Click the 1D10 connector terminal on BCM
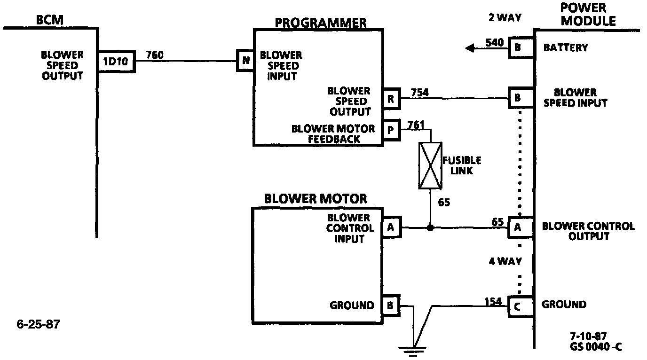click(x=116, y=62)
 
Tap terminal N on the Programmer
click(x=245, y=61)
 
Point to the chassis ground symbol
click(x=412, y=349)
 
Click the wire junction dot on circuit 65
click(x=430, y=228)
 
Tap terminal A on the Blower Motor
click(x=391, y=228)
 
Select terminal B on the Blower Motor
click(x=391, y=305)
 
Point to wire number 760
click(x=155, y=55)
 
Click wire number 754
click(x=419, y=92)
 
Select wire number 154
click(x=492, y=301)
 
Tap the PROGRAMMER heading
click(x=321, y=22)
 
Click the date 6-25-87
click(x=39, y=324)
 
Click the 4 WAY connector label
click(x=504, y=261)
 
